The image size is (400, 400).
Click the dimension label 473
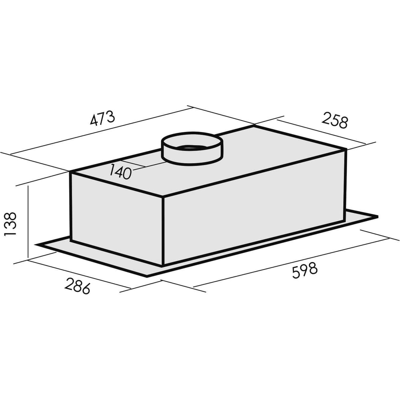[x=102, y=118]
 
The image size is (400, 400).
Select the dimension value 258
[x=335, y=121]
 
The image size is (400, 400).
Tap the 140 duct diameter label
[x=120, y=172]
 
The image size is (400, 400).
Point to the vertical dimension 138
[x=10, y=224]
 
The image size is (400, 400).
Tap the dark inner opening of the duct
[x=193, y=148]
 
